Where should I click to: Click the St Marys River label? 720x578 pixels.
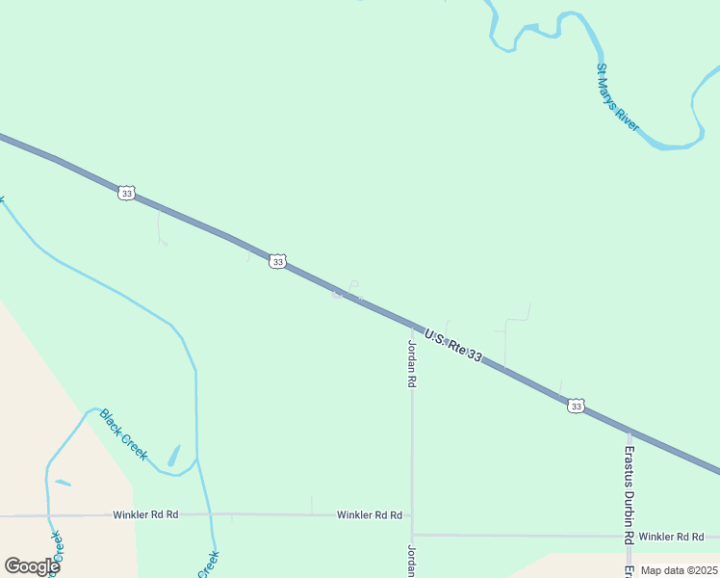pos(618,97)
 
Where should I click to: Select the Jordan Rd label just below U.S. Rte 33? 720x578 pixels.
pos(412,363)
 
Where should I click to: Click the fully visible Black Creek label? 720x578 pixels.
pos(123,434)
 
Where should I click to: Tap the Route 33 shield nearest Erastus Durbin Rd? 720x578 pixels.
pos(576,406)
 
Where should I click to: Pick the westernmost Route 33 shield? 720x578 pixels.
pos(126,193)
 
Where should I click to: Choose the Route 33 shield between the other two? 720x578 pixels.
pos(277,261)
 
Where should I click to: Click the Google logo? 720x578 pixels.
pos(32,566)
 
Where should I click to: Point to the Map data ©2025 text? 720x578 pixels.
pos(679,570)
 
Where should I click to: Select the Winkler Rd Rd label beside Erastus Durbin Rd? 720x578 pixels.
pos(672,536)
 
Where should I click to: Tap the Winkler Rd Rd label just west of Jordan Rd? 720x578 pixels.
pos(369,515)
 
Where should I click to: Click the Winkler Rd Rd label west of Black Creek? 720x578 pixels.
pos(145,515)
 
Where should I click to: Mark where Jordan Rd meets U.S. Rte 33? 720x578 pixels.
pos(412,326)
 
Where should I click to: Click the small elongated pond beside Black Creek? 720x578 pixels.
pos(173,455)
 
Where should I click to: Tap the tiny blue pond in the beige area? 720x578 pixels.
pos(63,483)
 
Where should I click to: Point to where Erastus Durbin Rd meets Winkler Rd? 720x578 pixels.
pos(629,536)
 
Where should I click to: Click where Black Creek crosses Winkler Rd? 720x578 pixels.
pos(211,515)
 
